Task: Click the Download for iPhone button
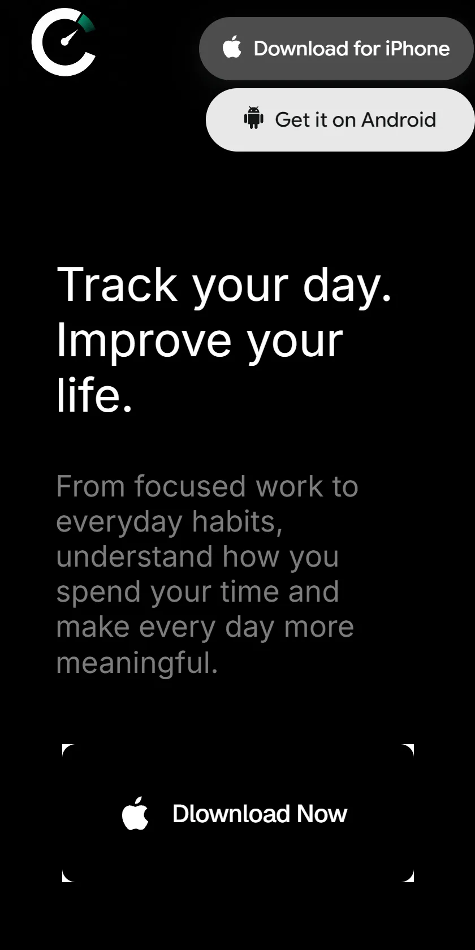pyautogui.click(x=336, y=49)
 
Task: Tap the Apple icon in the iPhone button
pyautogui.click(x=232, y=46)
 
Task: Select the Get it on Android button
pyautogui.click(x=340, y=120)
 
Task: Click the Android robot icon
pyautogui.click(x=253, y=118)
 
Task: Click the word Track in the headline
pyautogui.click(x=117, y=284)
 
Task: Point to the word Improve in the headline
pyautogui.click(x=144, y=342)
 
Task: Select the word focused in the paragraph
pyautogui.click(x=190, y=486)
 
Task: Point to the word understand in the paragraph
pyautogui.click(x=135, y=556)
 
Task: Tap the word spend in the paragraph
pyautogui.click(x=98, y=593)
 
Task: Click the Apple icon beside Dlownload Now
pyautogui.click(x=135, y=813)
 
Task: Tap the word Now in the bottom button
pyautogui.click(x=322, y=814)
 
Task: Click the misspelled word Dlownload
pyautogui.click(x=231, y=814)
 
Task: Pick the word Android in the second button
pyautogui.click(x=399, y=120)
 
